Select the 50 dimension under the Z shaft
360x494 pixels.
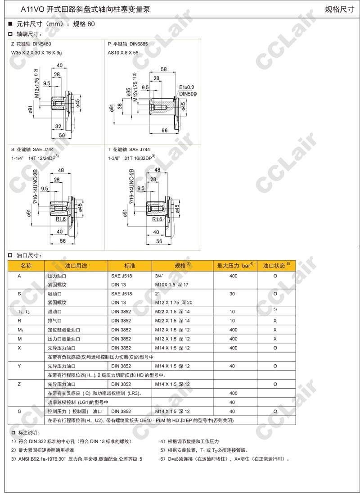[62, 135]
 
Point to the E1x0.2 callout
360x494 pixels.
[186, 87]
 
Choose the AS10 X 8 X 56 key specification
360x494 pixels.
[123, 53]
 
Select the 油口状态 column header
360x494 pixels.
[276, 266]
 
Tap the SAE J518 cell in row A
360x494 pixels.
[121, 276]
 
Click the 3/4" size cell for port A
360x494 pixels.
[159, 276]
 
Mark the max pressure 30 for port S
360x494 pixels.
[233, 294]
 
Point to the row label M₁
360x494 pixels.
[20, 330]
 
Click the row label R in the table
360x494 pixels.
[19, 321]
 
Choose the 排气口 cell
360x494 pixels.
[57, 321]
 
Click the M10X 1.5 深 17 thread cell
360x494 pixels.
[171, 285]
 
